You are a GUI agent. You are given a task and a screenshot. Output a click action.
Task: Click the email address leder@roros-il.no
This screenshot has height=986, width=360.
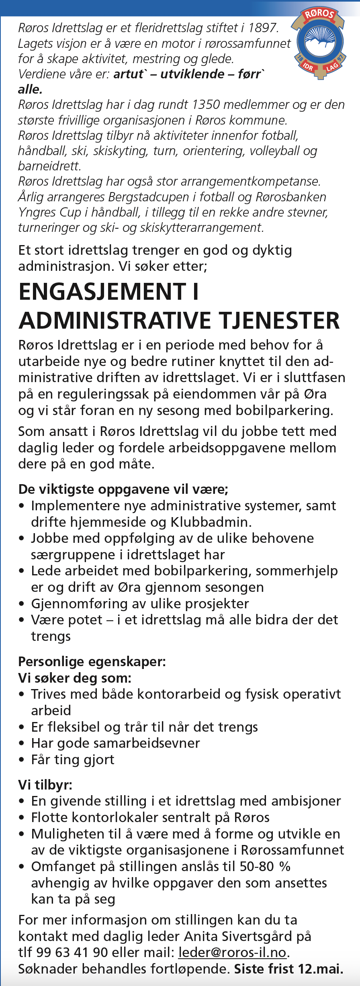coord(232,953)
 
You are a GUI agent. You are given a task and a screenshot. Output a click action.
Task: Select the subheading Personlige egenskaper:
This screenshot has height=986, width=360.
coord(92,662)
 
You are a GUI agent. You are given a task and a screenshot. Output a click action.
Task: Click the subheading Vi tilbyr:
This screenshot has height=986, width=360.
coord(45,785)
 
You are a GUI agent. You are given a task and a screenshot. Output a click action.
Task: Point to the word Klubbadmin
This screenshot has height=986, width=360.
coord(211,522)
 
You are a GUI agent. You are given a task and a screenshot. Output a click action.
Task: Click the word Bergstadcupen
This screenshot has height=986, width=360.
coord(151,197)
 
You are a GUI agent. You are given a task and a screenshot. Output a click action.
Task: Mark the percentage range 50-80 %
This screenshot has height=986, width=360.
coord(265,867)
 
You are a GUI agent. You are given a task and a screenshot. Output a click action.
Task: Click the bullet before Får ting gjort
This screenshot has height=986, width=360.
coord(22,760)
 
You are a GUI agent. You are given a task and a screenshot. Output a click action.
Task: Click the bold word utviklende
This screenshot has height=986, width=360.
coord(192,74)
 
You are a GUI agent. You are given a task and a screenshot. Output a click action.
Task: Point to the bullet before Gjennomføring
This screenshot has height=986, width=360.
coord(22,604)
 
